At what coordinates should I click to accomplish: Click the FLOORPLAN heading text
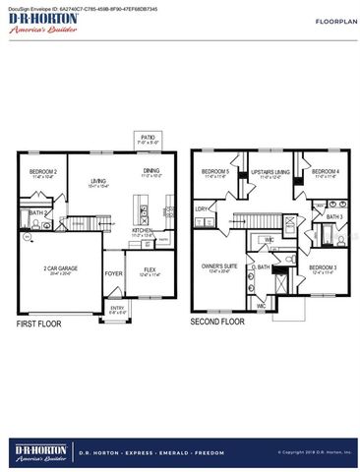coord(321,20)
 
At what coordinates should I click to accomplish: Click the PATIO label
coord(148,139)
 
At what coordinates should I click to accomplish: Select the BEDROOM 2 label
coord(42,173)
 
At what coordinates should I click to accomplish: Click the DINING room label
coord(150,173)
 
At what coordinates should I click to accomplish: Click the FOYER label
coord(114,274)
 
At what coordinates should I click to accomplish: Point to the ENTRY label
coord(117,309)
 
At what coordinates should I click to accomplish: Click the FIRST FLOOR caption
coord(39,323)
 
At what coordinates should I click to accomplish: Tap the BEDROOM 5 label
coord(215,173)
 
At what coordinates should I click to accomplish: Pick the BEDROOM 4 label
coord(326,173)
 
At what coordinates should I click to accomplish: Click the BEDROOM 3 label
coord(323,267)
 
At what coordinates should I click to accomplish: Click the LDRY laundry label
coord(202,208)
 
